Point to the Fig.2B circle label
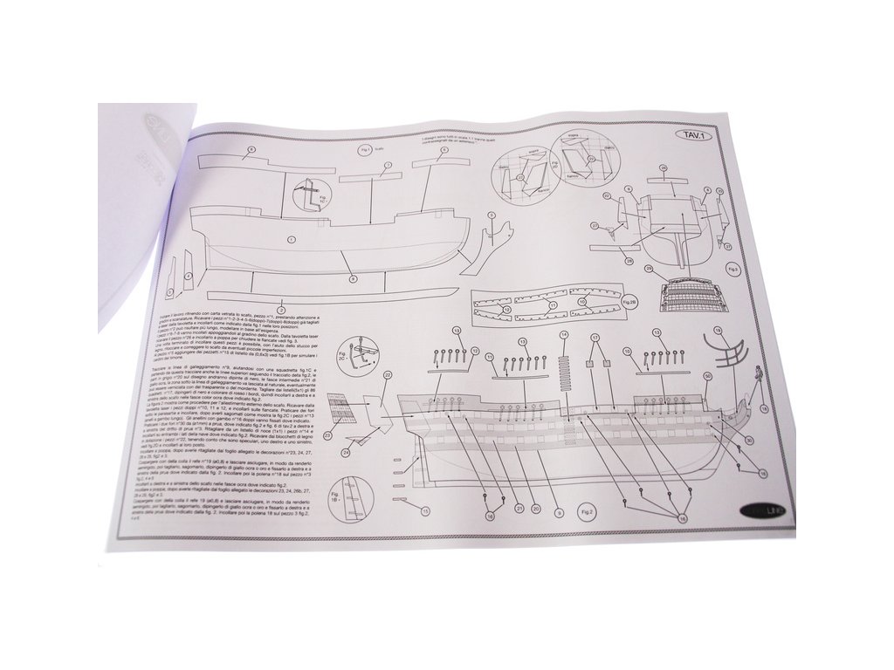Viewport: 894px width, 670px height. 629,302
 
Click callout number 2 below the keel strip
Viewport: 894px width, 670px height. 281,308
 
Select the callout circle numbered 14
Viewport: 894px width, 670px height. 564,335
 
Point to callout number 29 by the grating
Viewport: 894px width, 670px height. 649,269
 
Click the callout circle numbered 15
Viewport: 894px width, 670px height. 426,510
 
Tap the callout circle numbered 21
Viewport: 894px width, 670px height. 519,508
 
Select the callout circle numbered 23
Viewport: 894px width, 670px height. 328,434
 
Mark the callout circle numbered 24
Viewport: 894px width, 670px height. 346,451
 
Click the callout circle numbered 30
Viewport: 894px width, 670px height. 749,441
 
